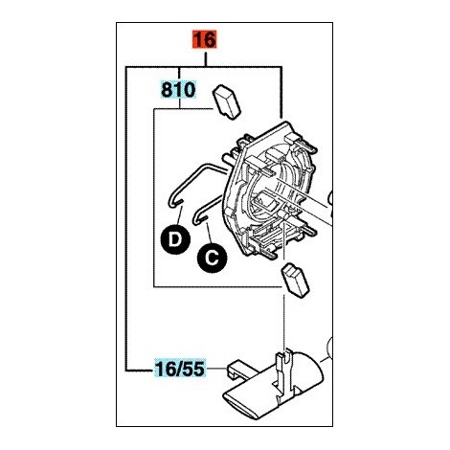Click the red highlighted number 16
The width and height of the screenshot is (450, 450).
coord(204,39)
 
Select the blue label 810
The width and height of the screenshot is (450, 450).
coord(178,90)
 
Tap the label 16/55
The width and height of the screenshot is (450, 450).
coord(180,369)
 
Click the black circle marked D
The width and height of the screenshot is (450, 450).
coord(175,239)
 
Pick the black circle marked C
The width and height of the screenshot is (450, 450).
coord(213,258)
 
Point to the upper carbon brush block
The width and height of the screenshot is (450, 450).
coord(226,102)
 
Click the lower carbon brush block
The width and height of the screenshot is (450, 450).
coord(295,280)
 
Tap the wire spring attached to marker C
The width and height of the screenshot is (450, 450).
coord(209,209)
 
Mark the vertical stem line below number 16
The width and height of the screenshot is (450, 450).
coord(206,59)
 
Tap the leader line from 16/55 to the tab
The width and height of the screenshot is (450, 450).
coord(216,369)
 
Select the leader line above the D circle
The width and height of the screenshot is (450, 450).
coord(179,215)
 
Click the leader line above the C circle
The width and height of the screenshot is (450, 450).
coord(209,234)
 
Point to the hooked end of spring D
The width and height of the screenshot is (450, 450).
coord(174,203)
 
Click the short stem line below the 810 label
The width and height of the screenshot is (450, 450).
coord(180,103)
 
